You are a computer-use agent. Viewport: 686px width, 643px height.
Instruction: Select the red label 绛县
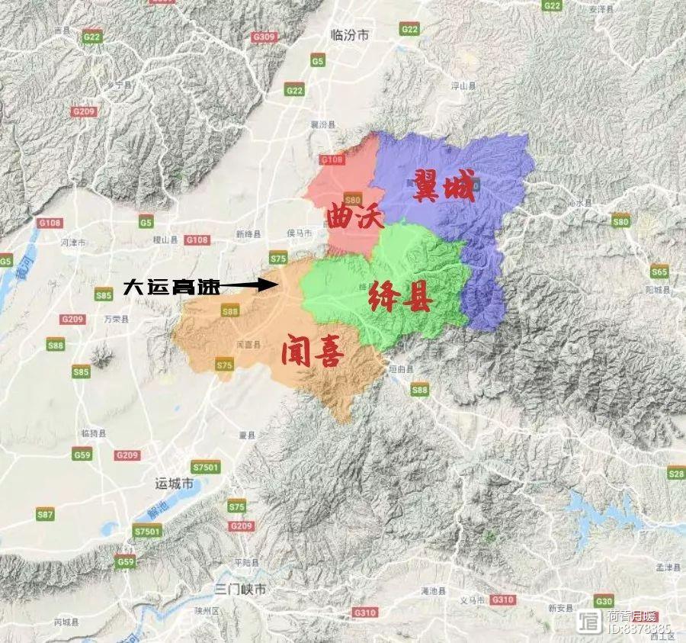click(x=399, y=298)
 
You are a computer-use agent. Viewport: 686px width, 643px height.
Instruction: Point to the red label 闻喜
click(x=312, y=352)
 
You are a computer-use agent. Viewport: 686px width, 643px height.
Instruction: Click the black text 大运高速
click(x=172, y=288)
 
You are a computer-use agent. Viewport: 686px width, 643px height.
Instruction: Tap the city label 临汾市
click(x=351, y=35)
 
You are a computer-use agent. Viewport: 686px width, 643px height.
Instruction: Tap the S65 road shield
click(x=659, y=272)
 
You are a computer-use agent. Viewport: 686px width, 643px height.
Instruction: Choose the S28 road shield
click(x=675, y=474)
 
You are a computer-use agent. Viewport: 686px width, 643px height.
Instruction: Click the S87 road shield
click(x=46, y=515)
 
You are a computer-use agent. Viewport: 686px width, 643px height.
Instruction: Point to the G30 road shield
click(x=604, y=600)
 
